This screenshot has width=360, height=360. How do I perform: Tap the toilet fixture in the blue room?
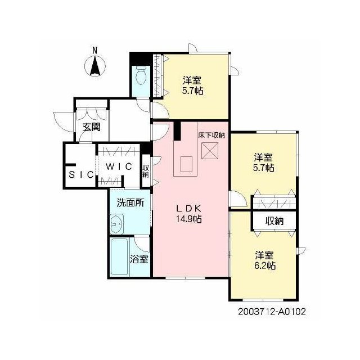pos(141,76)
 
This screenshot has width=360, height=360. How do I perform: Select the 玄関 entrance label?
pos(92,127)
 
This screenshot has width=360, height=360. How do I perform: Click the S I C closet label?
pos(81,175)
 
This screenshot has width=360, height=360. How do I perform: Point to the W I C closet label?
pos(119,166)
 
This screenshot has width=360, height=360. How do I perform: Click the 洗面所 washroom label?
pos(130,202)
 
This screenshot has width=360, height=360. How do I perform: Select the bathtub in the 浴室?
pos(119,257)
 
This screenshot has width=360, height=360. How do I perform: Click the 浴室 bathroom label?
pos(139,259)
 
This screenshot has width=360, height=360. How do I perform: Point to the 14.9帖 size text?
pos(189,219)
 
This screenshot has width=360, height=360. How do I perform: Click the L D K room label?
pos(189,209)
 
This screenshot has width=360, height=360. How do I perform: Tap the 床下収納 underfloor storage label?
pos(211,135)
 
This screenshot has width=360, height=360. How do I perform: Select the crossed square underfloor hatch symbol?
pos(210,151)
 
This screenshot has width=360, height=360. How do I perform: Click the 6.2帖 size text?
pos(265,265)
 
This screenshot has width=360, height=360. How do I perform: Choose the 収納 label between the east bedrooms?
pos(274,221)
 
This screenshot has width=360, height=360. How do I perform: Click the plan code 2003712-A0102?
pos(272,312)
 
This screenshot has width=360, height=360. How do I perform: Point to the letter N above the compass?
pos(94,50)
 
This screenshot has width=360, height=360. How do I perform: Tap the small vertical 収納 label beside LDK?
pos(146,171)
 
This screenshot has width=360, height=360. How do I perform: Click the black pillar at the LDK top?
pos(177,130)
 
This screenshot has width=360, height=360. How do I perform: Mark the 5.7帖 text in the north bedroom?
pos(193,91)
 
